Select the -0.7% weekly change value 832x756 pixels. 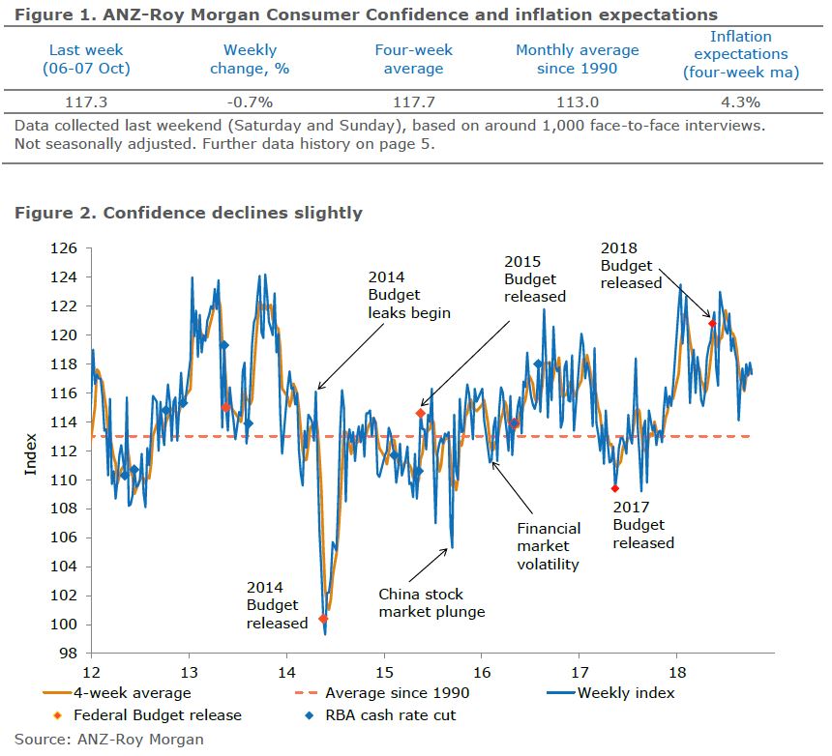[250, 102]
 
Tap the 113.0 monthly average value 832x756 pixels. [577, 102]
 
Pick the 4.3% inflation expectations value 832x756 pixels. [735, 102]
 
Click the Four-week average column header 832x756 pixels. [413, 59]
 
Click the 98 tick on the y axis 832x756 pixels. [70, 654]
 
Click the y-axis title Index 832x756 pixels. [31, 451]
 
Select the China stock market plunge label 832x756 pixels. [431, 602]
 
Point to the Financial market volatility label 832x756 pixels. [548, 546]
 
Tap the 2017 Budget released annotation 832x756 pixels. [643, 524]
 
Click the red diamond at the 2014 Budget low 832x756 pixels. [323, 619]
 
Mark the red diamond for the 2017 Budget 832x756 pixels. [615, 488]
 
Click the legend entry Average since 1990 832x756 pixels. [397, 692]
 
